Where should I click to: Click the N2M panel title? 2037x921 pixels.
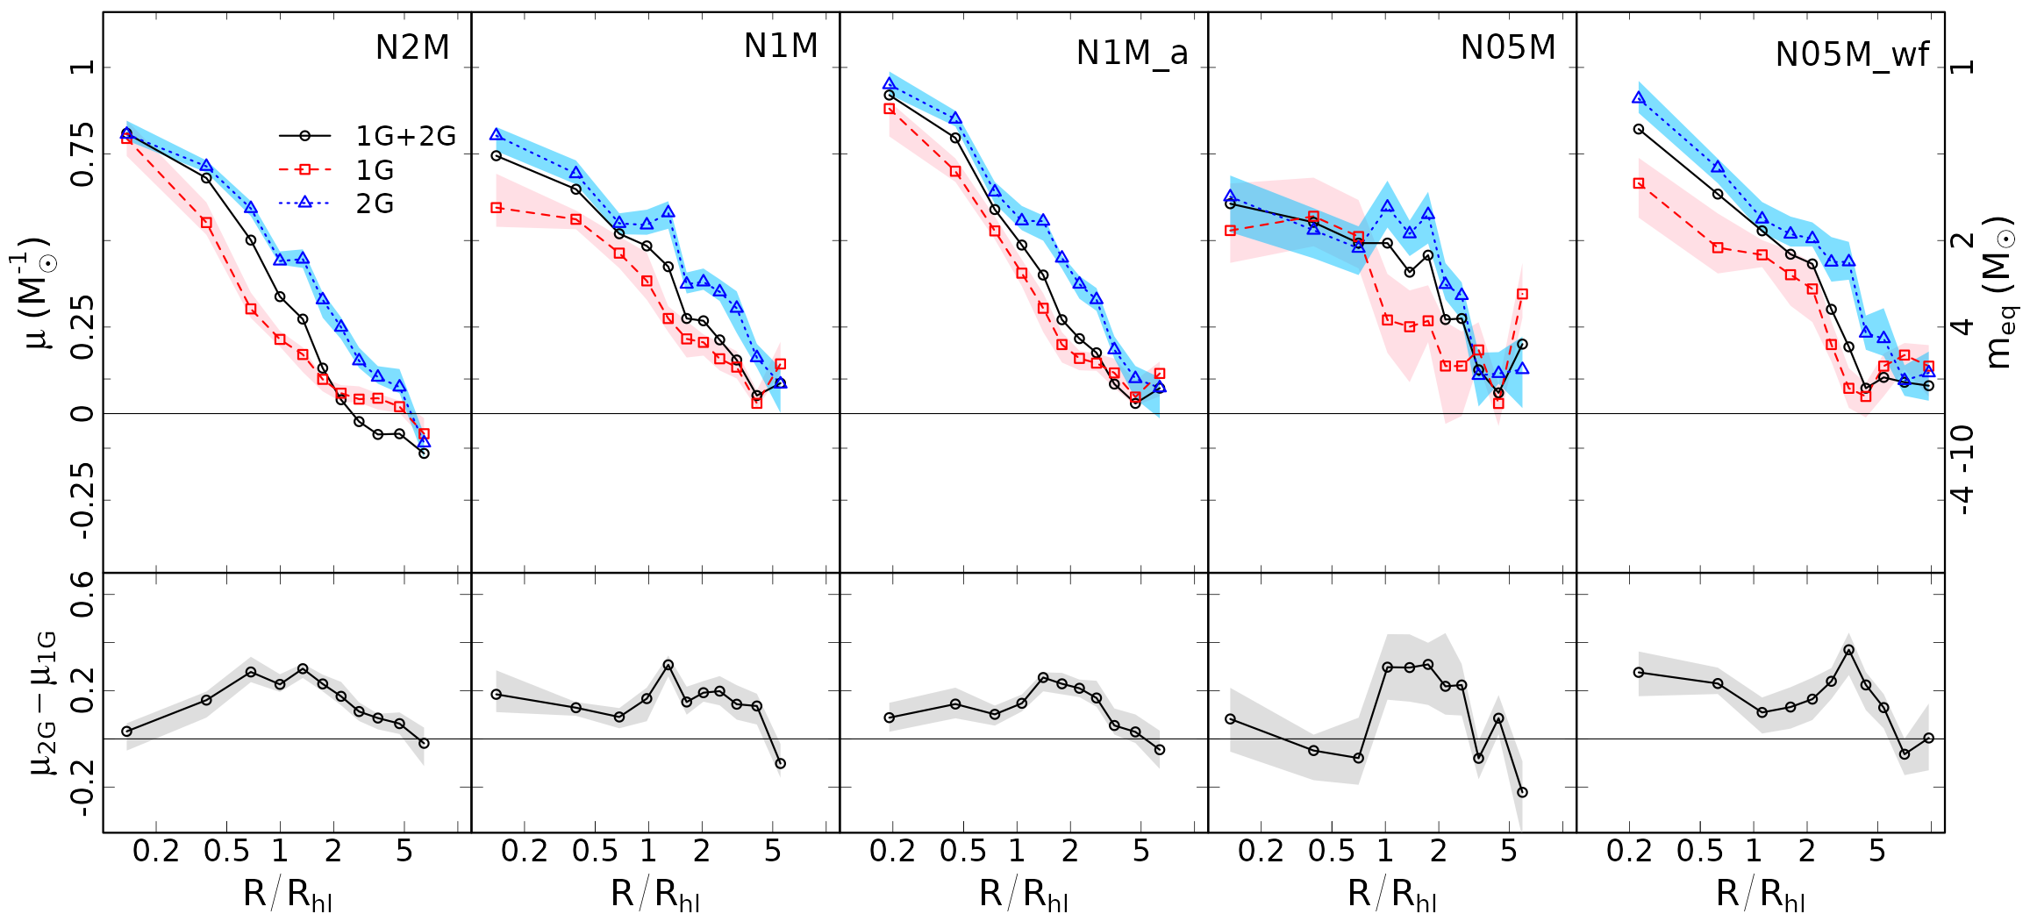(412, 47)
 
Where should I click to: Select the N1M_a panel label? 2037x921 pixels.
(1132, 54)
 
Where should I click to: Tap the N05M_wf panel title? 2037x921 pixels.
(1852, 55)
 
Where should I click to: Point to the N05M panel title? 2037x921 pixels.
(1508, 47)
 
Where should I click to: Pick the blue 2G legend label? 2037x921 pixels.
(375, 203)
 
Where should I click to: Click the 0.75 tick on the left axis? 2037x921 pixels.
(82, 154)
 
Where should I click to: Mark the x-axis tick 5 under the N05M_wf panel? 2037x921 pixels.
(1876, 851)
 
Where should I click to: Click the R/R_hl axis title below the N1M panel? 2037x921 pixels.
(655, 895)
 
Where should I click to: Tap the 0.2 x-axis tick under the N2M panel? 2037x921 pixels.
(156, 851)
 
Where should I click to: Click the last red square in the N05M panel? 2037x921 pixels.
(1522, 295)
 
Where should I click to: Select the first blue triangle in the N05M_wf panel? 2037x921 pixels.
(1638, 98)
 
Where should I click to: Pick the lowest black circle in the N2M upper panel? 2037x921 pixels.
(424, 453)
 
